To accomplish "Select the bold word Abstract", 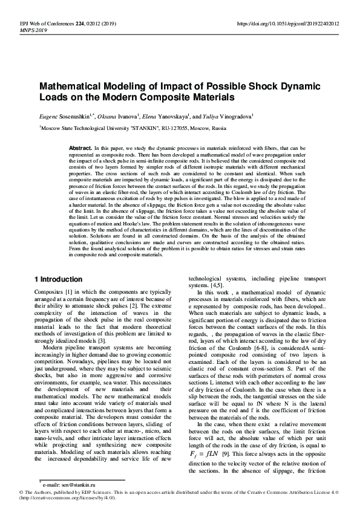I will tap(80, 148).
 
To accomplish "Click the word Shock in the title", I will tap(263, 86).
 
